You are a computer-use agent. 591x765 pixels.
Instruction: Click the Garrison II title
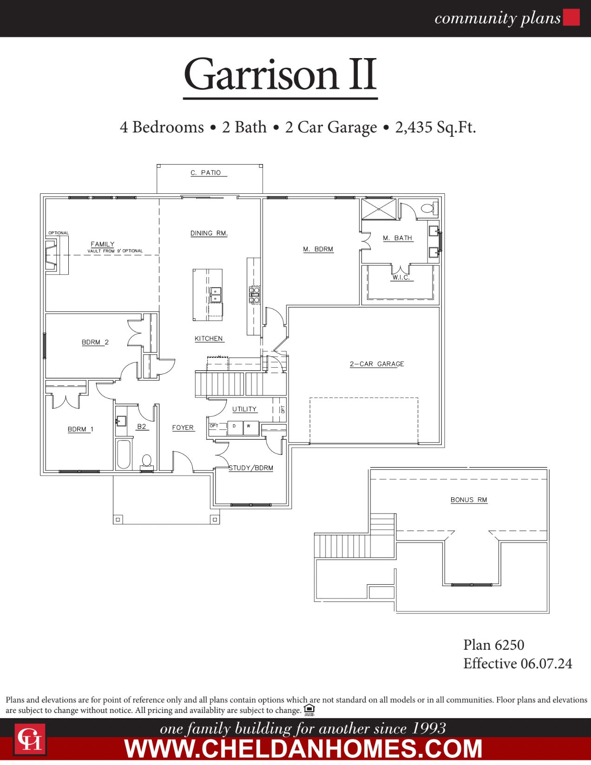pos(280,75)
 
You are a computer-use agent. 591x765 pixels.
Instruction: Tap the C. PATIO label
pos(206,172)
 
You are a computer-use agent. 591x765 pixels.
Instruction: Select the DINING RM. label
pos(209,233)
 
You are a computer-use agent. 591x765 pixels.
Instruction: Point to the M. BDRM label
pos(318,249)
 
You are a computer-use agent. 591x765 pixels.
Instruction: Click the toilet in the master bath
pos(429,208)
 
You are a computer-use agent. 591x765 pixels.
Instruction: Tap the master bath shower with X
pos(379,209)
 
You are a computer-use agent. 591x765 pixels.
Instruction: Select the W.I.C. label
pos(401,277)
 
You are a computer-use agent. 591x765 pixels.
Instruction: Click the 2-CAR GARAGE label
pos(377,364)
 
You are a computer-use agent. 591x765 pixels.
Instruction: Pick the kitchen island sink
pos(216,295)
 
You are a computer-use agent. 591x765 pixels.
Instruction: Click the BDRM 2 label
pos(95,342)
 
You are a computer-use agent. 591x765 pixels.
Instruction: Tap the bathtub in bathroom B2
pos(124,454)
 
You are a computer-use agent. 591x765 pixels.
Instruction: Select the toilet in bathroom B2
pos(147,462)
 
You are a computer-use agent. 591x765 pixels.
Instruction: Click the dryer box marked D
pos(235,427)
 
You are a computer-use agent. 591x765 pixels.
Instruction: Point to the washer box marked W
pos(250,427)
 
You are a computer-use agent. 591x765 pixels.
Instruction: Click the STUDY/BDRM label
pos(251,468)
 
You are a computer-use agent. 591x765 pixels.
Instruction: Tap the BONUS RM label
pos(468,500)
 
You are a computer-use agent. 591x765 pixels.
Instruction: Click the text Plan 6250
pos(493,645)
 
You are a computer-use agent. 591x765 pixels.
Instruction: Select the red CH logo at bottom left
pos(30,739)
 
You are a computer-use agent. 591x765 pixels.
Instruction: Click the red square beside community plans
pos(571,18)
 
